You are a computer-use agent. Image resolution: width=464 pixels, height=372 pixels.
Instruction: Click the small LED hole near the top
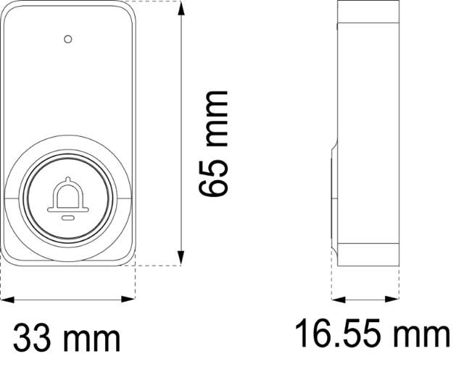coord(68,39)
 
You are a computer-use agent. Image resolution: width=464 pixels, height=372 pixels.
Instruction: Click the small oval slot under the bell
coord(68,218)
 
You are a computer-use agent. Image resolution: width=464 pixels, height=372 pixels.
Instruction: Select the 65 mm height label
coord(212,143)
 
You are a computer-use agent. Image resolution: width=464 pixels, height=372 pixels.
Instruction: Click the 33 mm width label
coord(67,337)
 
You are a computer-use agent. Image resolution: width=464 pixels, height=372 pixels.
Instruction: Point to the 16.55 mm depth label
coord(372,333)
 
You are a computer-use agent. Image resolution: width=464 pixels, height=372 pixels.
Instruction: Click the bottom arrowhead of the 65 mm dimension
coord(181,258)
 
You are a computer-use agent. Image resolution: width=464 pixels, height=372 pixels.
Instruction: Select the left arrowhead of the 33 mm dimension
coord(7,300)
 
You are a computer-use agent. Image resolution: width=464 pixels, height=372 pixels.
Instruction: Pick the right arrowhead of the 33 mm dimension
coord(128,300)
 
